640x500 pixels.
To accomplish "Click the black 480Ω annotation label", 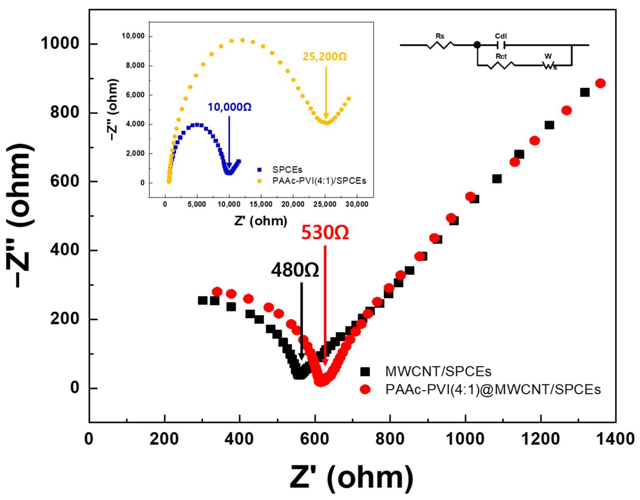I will pyautogui.click(x=295, y=270).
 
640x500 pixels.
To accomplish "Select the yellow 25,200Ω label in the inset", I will pyautogui.click(x=325, y=57).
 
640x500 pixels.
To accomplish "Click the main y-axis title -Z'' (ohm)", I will pyautogui.click(x=21, y=215).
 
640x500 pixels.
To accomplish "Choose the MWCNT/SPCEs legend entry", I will pyautogui.click(x=438, y=371).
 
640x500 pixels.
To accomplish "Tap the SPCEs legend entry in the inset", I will pyautogui.click(x=287, y=169).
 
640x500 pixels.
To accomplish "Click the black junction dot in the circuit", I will pyautogui.click(x=477, y=45).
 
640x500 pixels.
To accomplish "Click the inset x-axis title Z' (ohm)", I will pyautogui.click(x=261, y=221).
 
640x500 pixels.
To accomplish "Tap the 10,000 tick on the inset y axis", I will pyautogui.click(x=133, y=36).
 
